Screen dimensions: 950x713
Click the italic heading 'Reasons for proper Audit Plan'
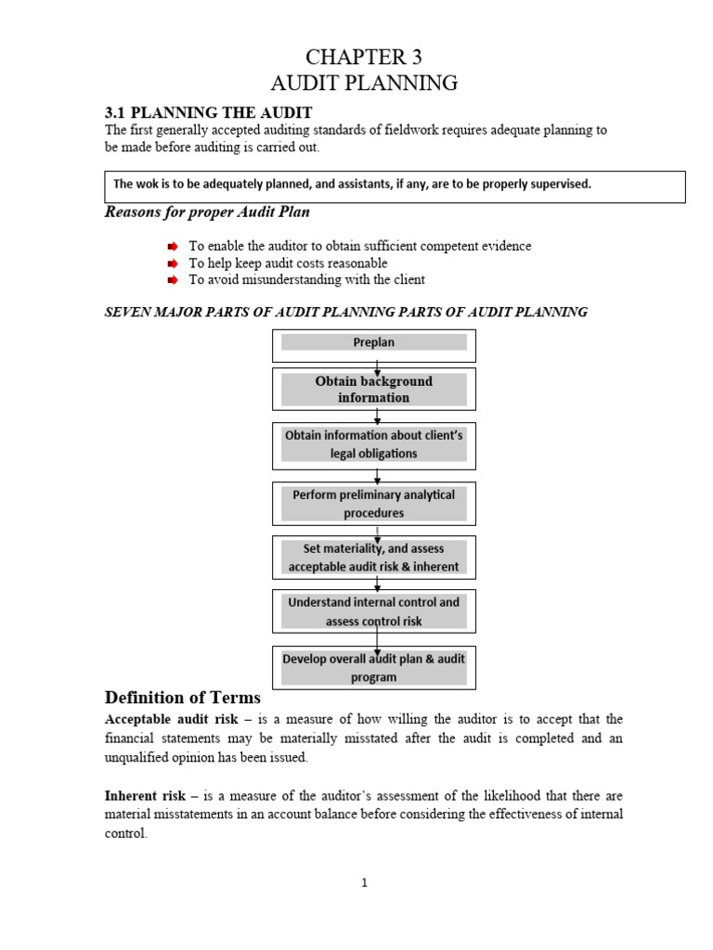coord(206,212)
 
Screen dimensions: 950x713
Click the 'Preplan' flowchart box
coord(373,343)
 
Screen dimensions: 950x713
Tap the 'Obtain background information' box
coord(373,389)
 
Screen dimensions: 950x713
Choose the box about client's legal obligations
coord(373,445)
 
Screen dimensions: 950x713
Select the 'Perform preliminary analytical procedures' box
coord(373,504)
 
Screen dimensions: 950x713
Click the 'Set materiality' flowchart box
coord(373,558)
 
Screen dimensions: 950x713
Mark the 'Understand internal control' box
coord(373,611)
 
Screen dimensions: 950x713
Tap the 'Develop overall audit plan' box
coord(373,668)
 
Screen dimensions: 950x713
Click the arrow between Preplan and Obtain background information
coord(377,366)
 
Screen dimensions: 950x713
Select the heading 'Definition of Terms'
coord(183,698)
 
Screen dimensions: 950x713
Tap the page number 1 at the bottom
coord(365,882)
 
